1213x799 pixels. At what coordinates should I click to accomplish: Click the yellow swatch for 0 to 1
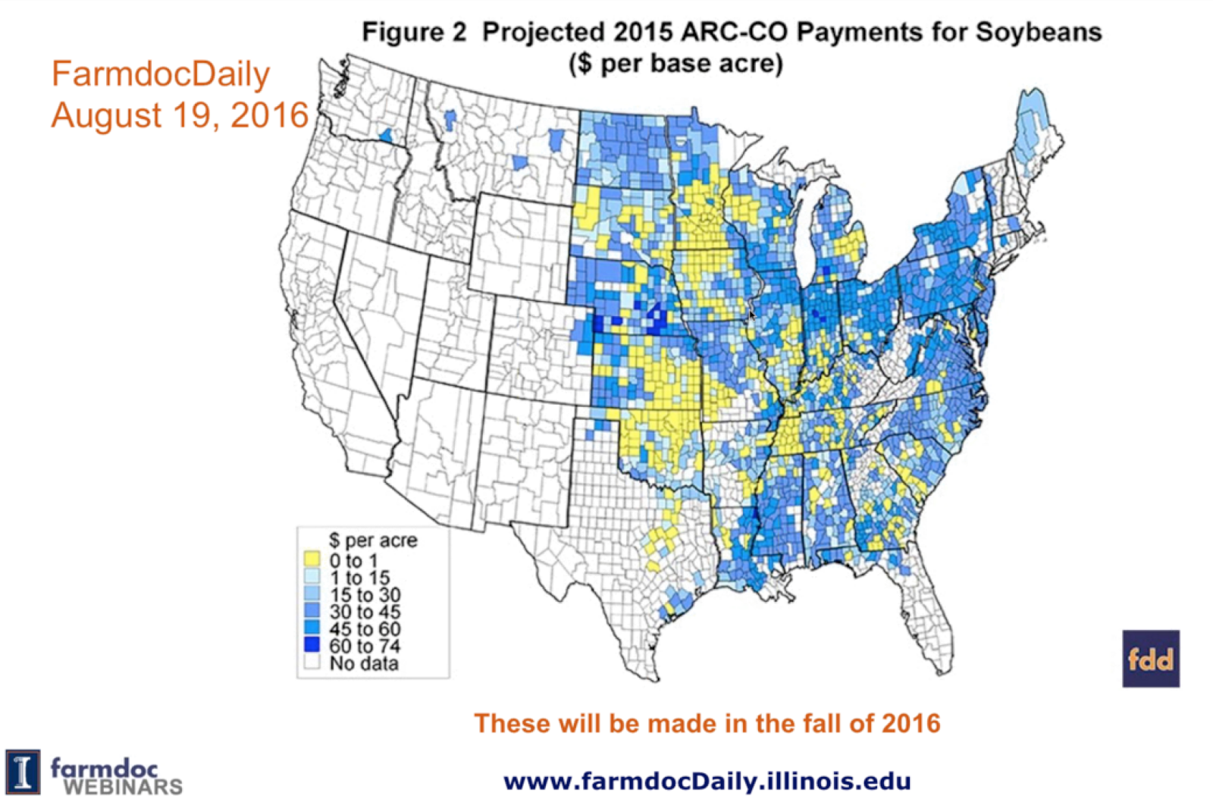click(x=312, y=559)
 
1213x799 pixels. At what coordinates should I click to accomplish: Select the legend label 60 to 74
click(x=365, y=646)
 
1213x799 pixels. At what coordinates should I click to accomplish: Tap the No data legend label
click(x=363, y=663)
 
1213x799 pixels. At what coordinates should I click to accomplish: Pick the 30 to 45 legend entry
click(x=365, y=612)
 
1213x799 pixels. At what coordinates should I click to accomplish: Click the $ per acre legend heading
click(x=372, y=540)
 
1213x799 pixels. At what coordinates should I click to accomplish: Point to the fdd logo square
click(x=1150, y=658)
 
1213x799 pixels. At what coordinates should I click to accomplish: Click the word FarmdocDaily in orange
click(x=160, y=74)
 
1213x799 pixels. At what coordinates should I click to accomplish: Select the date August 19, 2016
click(x=180, y=115)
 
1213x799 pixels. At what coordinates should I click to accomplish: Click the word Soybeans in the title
click(x=1038, y=33)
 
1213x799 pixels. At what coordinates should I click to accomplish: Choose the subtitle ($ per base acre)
click(x=675, y=63)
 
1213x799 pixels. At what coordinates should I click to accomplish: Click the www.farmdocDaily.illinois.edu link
click(x=707, y=781)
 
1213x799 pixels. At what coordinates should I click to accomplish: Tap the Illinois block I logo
click(x=23, y=772)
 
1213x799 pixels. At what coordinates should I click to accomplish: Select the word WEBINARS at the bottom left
click(x=123, y=787)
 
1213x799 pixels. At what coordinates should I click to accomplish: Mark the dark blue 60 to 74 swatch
click(x=312, y=645)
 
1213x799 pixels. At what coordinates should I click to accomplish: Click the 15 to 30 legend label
click(x=365, y=595)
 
